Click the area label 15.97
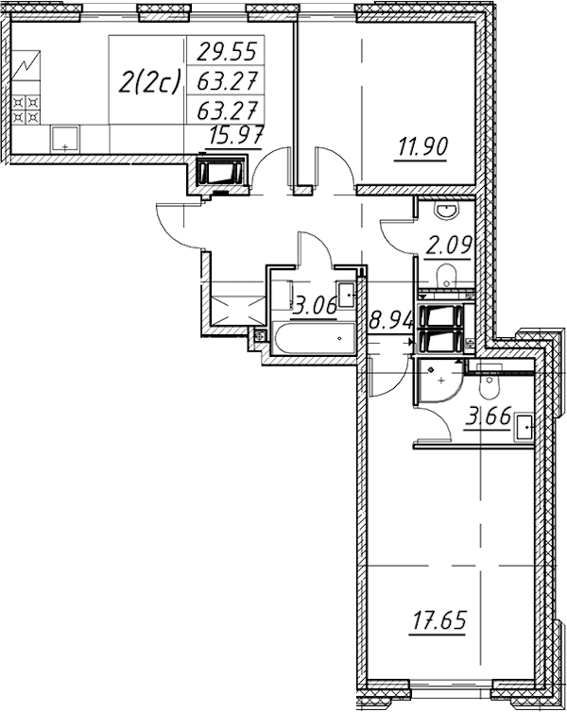[236, 135]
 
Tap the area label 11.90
[423, 146]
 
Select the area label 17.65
[438, 620]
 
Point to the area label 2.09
[448, 246]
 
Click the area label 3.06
[315, 306]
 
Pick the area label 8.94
[389, 322]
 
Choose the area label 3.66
[488, 416]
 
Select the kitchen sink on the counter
[65, 139]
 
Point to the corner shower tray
[439, 381]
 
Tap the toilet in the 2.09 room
[447, 275]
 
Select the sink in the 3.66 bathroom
[524, 427]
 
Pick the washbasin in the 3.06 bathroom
[346, 296]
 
